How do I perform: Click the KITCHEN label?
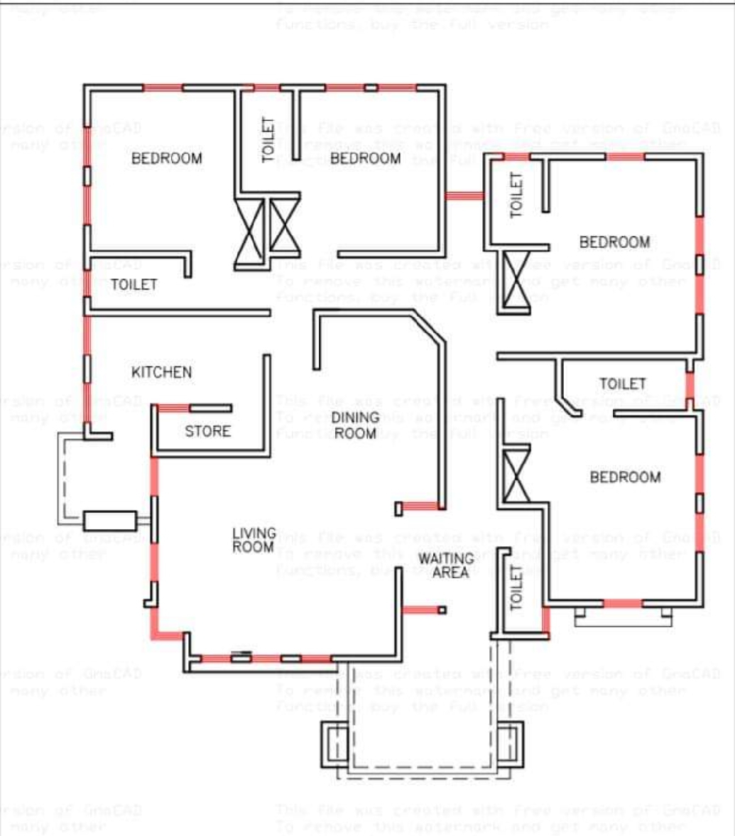click(x=161, y=372)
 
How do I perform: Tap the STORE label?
click(x=207, y=431)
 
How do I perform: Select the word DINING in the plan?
click(x=355, y=418)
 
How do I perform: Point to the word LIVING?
click(x=254, y=533)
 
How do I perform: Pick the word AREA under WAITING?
click(x=450, y=572)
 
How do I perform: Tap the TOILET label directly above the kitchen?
click(x=134, y=284)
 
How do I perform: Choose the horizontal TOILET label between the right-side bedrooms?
click(x=622, y=384)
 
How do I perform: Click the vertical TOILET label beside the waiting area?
click(x=517, y=589)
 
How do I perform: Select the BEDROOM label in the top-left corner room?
click(x=167, y=158)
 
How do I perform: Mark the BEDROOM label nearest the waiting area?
click(x=625, y=477)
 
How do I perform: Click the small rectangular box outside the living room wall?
click(x=110, y=521)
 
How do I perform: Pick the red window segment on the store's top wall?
click(x=173, y=408)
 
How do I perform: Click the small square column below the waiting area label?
click(x=442, y=609)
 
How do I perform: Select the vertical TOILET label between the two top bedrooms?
click(x=268, y=140)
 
